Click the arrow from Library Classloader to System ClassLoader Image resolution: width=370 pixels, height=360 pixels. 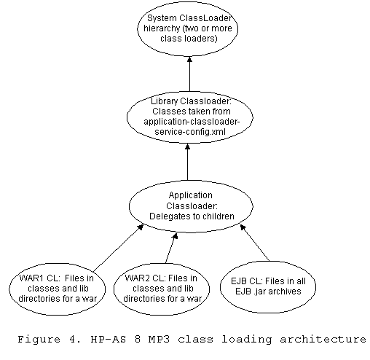(189, 74)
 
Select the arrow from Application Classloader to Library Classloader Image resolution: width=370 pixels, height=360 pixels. (187, 162)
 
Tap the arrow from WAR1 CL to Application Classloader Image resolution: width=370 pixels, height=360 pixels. (118, 249)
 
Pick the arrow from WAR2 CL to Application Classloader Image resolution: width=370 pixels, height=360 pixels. (171, 249)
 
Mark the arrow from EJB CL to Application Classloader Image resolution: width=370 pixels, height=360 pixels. (255, 243)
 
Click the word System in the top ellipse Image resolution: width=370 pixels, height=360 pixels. (162, 18)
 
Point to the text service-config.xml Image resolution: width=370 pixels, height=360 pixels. (190, 132)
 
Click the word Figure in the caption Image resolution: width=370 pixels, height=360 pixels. (39, 340)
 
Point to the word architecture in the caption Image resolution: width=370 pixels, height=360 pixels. (323, 339)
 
